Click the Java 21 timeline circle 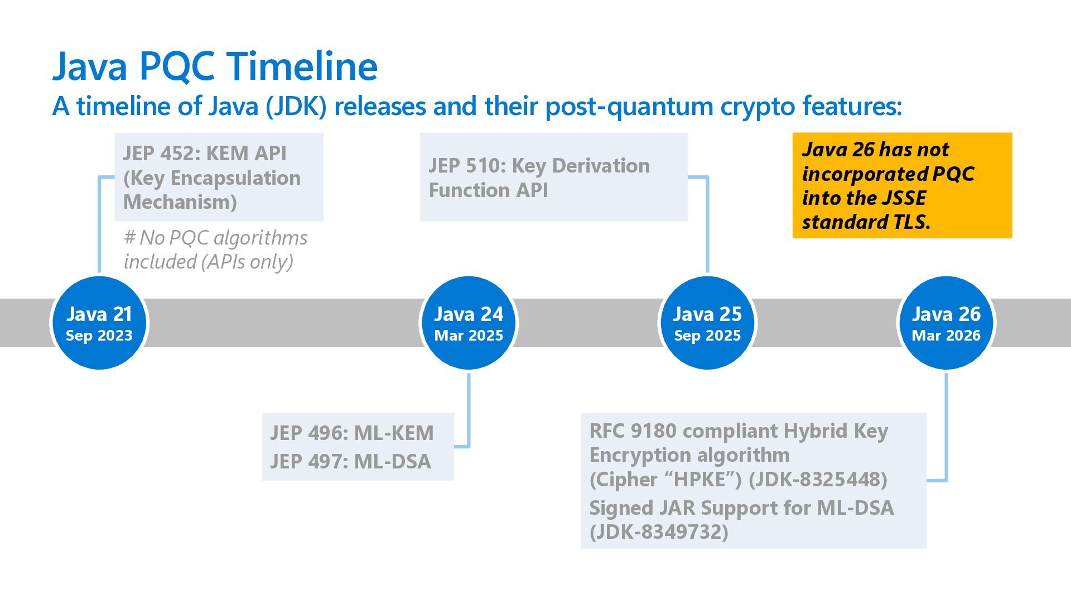click(x=99, y=323)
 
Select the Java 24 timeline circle click(x=469, y=323)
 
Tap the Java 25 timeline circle click(x=707, y=323)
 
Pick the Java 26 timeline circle click(x=946, y=323)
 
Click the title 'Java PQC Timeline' click(x=215, y=66)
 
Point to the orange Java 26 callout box click(x=902, y=185)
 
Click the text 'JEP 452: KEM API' click(x=205, y=153)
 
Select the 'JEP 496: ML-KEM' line click(x=351, y=433)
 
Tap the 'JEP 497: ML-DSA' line click(x=350, y=462)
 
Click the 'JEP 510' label click(x=466, y=166)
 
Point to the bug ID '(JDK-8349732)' click(x=659, y=532)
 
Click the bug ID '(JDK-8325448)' click(x=818, y=479)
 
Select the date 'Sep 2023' click(x=99, y=336)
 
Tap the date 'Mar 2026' click(x=946, y=336)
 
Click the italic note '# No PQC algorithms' click(x=215, y=238)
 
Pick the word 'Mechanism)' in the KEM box click(x=180, y=202)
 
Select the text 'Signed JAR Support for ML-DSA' click(x=741, y=508)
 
